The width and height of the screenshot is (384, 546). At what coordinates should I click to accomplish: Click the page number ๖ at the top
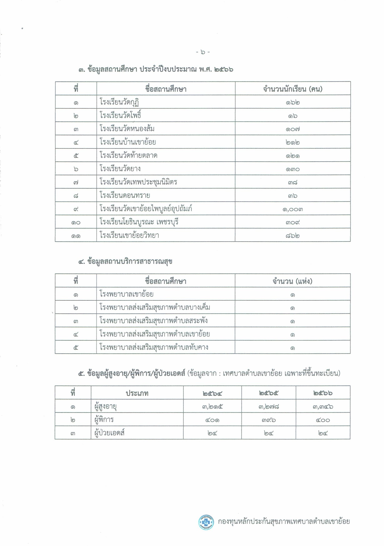pos(203,52)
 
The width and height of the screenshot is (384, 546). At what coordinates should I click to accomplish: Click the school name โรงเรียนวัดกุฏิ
pos(119,102)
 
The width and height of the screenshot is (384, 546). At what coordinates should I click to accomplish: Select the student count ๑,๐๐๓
pos(293,209)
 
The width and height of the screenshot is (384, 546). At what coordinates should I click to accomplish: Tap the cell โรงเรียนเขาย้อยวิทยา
pos(129,235)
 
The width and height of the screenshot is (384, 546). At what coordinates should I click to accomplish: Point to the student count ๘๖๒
pos(293,235)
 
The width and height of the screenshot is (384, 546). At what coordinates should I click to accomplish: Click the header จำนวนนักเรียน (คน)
pos(293,89)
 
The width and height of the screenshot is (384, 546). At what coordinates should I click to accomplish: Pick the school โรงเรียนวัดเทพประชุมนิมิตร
pos(138,182)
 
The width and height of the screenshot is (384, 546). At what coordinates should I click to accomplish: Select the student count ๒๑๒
pos(293,142)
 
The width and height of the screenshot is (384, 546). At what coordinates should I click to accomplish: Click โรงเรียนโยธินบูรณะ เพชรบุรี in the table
pos(139,222)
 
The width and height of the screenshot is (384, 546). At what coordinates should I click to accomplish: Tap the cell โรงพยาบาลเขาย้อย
pos(126,294)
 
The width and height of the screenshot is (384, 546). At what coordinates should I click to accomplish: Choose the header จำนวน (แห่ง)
pos(292,281)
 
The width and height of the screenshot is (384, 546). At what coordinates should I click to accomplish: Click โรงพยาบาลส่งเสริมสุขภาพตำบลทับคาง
pos(154,347)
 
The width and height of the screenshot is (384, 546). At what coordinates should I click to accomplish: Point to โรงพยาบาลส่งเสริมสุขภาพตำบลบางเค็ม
pos(155,307)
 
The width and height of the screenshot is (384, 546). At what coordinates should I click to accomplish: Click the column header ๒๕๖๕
pos(269,393)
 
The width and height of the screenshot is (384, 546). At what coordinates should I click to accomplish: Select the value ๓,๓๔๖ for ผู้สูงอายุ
pos(323,407)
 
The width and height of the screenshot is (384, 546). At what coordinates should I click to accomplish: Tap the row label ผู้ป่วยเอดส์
pos(110,433)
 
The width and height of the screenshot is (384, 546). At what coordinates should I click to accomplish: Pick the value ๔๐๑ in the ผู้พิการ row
pos(212,420)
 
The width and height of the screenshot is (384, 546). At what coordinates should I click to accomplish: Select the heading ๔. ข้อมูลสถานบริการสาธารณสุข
pos(125,261)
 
